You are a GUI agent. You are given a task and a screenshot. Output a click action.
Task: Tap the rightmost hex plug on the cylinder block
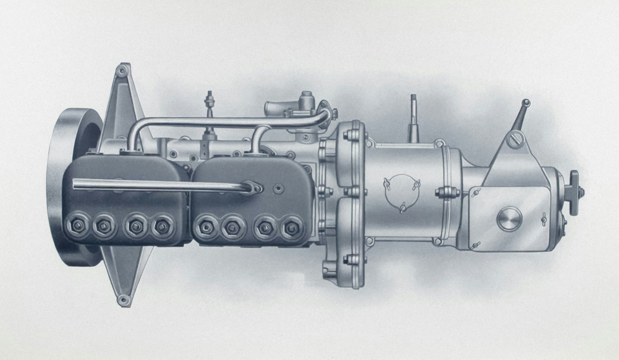click(292, 225)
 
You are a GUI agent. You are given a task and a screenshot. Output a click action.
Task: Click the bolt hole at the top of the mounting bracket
click(122, 70)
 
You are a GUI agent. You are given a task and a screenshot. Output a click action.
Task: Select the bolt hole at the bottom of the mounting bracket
click(122, 299)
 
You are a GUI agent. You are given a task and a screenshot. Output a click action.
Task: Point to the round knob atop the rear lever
click(526, 103)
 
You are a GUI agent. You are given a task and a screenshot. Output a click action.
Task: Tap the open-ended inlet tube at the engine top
click(272, 109)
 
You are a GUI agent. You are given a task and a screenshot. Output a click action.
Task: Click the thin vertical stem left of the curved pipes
click(210, 113)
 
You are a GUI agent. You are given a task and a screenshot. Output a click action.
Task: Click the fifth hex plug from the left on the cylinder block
click(205, 225)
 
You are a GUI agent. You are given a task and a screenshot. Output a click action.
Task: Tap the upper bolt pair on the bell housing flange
click(352, 136)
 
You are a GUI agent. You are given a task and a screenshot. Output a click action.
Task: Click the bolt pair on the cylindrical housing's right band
click(447, 193)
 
